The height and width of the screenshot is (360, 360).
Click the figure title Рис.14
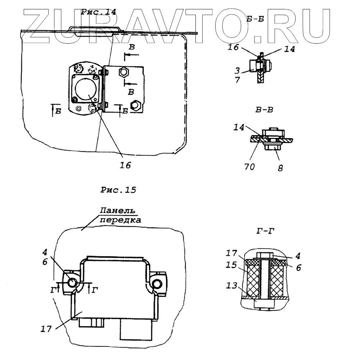(x=98, y=12)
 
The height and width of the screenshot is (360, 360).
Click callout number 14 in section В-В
(x=238, y=127)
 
